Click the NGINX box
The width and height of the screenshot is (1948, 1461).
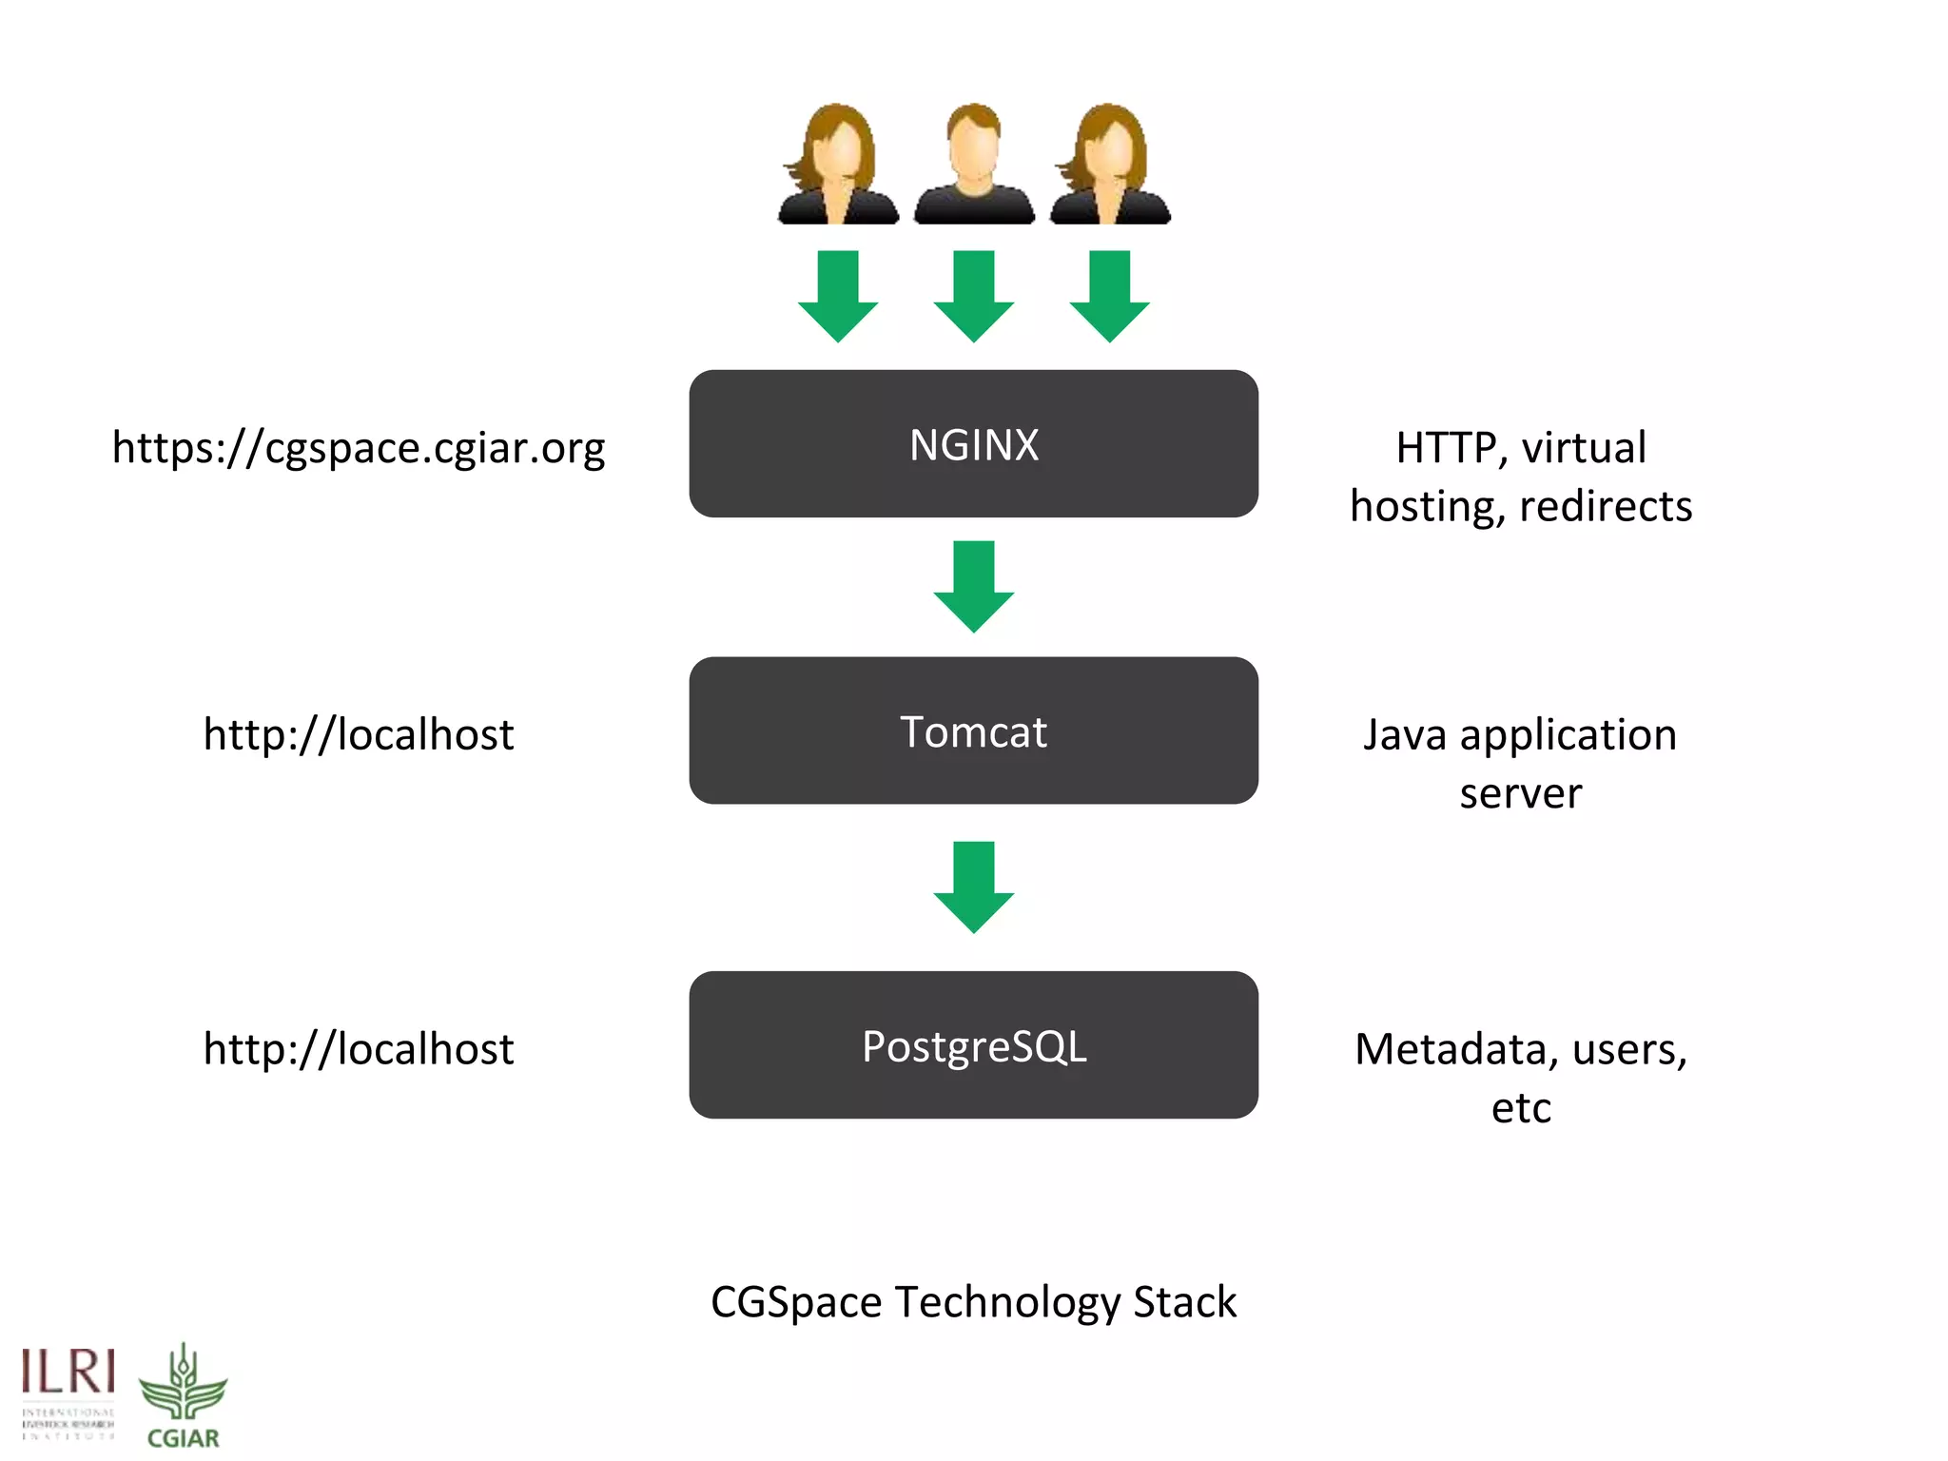pyautogui.click(x=973, y=444)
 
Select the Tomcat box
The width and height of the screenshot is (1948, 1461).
pyautogui.click(x=973, y=730)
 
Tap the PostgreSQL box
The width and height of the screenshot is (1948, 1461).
pyautogui.click(x=973, y=1045)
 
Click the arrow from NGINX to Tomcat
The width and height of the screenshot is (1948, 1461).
pyautogui.click(x=973, y=585)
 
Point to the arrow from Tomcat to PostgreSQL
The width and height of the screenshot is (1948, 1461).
pyautogui.click(x=973, y=886)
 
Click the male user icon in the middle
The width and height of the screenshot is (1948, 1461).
pyautogui.click(x=974, y=165)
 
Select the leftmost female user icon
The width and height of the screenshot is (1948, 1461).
pyautogui.click(x=838, y=165)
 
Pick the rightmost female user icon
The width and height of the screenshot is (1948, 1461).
pyautogui.click(x=1110, y=165)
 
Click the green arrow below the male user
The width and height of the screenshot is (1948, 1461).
pyautogui.click(x=973, y=295)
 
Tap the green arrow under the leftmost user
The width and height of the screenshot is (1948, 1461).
pyautogui.click(x=838, y=295)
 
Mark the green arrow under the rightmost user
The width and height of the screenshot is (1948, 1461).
pyautogui.click(x=1109, y=295)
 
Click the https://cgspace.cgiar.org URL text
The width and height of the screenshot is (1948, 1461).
pyautogui.click(x=359, y=447)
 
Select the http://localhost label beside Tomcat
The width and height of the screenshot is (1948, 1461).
pyautogui.click(x=359, y=734)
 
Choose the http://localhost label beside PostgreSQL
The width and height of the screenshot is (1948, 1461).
pyautogui.click(x=359, y=1048)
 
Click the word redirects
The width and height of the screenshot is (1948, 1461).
pyautogui.click(x=1606, y=506)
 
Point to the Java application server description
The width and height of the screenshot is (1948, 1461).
pyautogui.click(x=1520, y=763)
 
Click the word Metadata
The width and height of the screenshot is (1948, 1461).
pyautogui.click(x=1456, y=1049)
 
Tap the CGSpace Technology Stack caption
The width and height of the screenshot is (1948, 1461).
pyautogui.click(x=973, y=1301)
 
